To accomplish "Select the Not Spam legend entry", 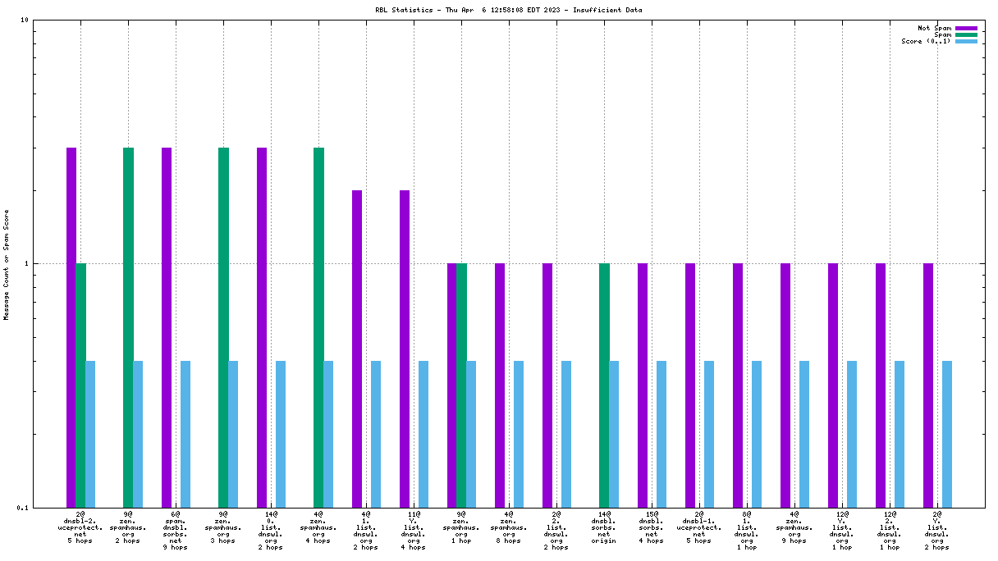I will point(935,28).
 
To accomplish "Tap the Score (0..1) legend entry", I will point(927,41).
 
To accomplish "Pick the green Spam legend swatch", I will point(966,34).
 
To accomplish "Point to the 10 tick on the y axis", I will point(25,20).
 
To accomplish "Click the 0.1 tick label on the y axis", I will point(21,507).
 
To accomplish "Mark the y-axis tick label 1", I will point(26,263).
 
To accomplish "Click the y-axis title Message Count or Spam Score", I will point(7,264).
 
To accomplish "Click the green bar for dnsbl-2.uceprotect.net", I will point(80,385).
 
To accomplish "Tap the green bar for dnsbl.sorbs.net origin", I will point(604,385).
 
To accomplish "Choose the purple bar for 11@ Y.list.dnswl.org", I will point(405,348).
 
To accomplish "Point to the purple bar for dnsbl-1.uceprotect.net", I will point(690,385).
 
